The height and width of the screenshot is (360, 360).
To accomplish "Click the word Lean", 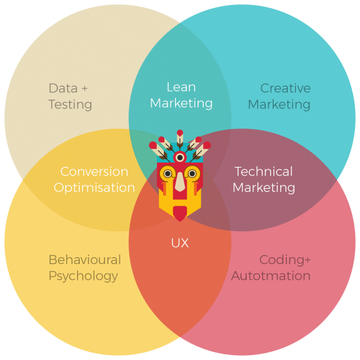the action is [181, 87].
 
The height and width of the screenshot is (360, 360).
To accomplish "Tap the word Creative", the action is [285, 88].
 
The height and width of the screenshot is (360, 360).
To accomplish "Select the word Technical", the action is [263, 171].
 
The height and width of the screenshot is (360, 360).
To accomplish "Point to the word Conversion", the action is [94, 172].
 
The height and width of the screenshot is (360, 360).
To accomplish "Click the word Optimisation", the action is [94, 188].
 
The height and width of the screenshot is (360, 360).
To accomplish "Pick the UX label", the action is [180, 243].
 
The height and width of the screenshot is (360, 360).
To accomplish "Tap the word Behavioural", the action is [85, 260].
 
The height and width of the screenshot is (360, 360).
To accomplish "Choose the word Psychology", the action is [83, 276].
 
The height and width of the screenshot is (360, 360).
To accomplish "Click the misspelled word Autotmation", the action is [271, 276].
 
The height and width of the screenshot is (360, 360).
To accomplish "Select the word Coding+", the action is [285, 260].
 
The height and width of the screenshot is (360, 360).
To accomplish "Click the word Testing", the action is [70, 105].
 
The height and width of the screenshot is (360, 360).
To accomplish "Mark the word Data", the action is [63, 88].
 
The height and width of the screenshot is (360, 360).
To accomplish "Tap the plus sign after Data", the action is [85, 88].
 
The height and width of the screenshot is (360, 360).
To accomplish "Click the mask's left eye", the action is [168, 174].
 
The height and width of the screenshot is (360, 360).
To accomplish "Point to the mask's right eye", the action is [192, 174].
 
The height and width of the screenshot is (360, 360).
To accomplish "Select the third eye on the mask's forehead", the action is [180, 158].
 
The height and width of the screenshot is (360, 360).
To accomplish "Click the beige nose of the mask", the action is [180, 182].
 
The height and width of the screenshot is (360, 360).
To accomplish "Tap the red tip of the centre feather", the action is [180, 133].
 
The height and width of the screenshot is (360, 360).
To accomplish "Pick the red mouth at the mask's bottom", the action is [180, 214].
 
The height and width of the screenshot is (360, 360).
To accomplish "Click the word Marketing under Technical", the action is [264, 188].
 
